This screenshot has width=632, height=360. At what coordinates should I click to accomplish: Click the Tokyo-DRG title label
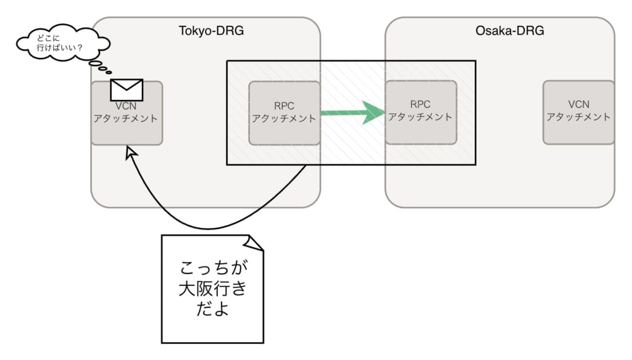click(x=211, y=30)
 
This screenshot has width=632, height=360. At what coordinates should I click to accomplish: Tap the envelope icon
click(x=127, y=90)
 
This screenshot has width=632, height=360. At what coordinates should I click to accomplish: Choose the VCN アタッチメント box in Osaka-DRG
click(x=578, y=112)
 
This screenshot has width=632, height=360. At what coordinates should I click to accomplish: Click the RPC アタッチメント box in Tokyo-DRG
click(x=284, y=112)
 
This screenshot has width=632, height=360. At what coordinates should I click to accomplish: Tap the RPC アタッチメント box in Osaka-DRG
click(x=420, y=112)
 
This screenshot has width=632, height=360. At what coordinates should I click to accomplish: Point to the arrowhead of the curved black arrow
click(x=130, y=152)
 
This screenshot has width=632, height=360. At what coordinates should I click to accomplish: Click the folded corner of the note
click(x=254, y=243)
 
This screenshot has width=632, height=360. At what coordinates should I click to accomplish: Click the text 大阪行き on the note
click(x=212, y=288)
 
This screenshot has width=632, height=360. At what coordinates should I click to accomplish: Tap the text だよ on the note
click(x=212, y=308)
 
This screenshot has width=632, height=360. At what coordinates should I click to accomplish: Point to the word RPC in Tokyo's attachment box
click(x=284, y=105)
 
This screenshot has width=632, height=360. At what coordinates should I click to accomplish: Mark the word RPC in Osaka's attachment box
click(x=420, y=104)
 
